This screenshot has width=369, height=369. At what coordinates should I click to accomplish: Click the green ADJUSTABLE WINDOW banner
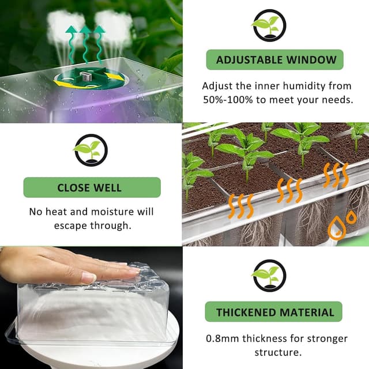pyautogui.click(x=276, y=60)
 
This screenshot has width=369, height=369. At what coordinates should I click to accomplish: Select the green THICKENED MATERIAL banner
pyautogui.click(x=275, y=312)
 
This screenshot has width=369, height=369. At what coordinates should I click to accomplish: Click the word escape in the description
pyautogui.click(x=71, y=225)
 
